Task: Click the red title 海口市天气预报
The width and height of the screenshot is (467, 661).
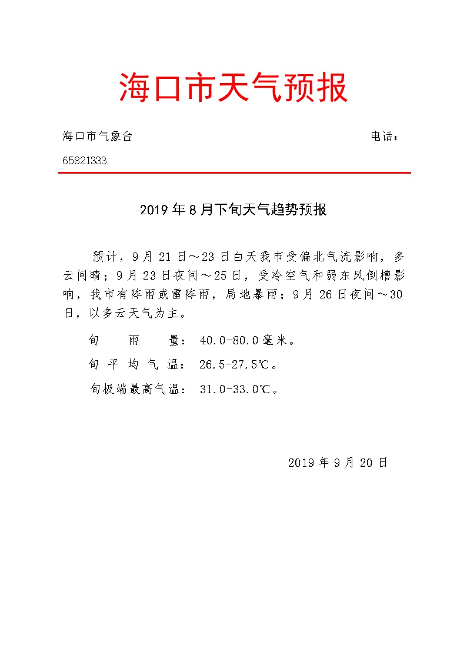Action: click(x=233, y=88)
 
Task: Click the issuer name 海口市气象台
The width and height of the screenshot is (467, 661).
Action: click(x=98, y=137)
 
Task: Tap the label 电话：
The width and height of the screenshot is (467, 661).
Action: click(x=385, y=137)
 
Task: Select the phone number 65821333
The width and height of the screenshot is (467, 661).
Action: click(x=85, y=160)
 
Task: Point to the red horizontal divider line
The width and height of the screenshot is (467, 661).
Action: click(x=234, y=172)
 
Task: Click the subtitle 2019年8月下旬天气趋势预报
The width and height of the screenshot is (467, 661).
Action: click(x=233, y=210)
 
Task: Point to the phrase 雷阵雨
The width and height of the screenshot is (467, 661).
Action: click(x=191, y=294)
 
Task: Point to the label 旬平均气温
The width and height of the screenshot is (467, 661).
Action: click(x=134, y=365)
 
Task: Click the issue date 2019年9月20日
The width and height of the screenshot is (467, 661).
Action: click(x=338, y=463)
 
